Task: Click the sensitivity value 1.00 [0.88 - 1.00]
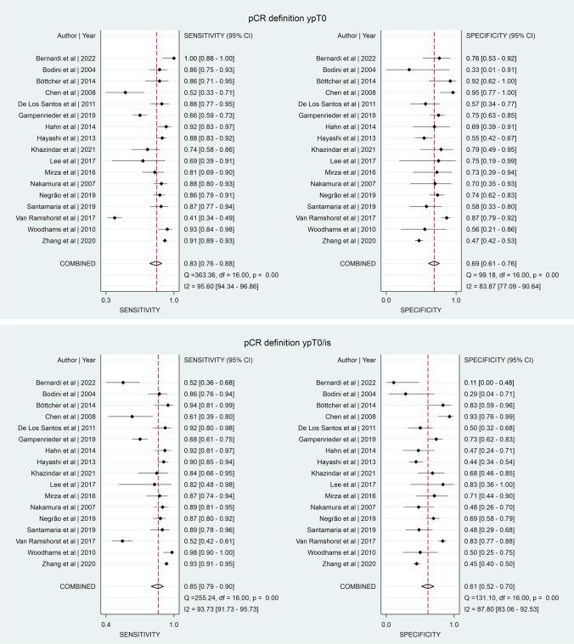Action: click(212, 59)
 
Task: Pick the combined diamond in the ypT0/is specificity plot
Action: click(428, 586)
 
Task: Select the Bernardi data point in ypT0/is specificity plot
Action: click(393, 383)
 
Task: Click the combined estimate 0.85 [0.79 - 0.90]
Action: click(212, 586)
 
